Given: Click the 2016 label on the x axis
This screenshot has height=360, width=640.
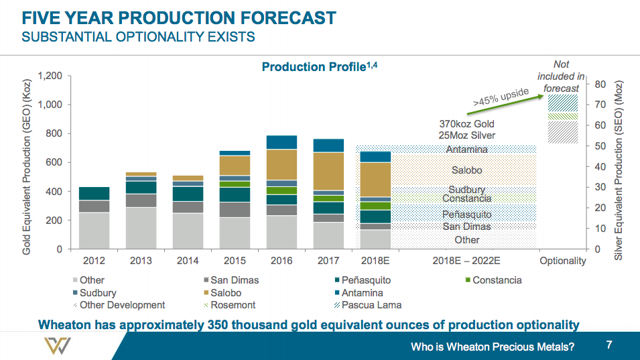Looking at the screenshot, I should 281,261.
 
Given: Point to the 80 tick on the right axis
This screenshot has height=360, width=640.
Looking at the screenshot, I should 600,84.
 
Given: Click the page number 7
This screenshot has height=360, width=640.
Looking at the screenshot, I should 609,345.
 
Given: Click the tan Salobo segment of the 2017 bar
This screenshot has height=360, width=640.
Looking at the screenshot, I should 328,171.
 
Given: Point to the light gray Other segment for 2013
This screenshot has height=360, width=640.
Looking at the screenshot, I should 141,228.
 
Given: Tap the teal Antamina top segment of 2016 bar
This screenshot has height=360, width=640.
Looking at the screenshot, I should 281,142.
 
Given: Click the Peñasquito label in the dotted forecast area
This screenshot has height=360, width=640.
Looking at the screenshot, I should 467,215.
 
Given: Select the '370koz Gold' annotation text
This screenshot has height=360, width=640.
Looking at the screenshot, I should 467,124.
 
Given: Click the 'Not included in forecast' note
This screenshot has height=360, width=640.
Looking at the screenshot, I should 561,76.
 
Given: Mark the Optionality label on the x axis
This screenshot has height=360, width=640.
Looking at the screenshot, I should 562,261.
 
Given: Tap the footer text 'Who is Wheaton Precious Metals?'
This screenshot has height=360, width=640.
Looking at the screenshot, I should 493,347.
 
